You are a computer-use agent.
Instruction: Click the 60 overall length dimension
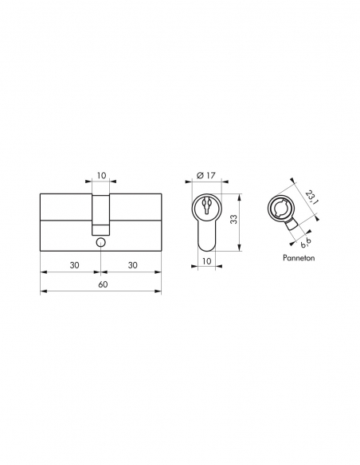click(x=101, y=284)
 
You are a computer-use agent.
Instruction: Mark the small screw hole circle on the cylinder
click(x=100, y=243)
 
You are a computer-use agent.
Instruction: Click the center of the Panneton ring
click(x=282, y=209)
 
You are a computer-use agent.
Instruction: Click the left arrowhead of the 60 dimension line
click(x=42, y=291)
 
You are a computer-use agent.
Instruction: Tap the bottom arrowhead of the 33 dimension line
click(x=241, y=249)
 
